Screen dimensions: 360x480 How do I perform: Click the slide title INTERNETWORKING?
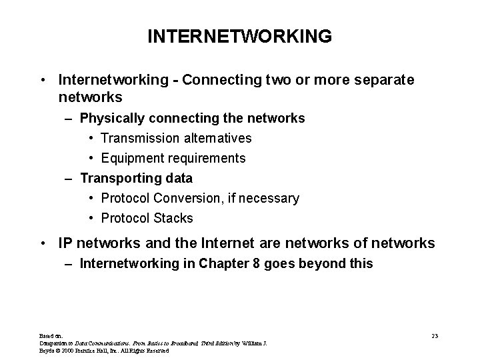tap(239, 36)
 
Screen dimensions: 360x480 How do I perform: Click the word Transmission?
tap(139, 138)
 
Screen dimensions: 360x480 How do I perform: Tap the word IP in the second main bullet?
tap(65, 243)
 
